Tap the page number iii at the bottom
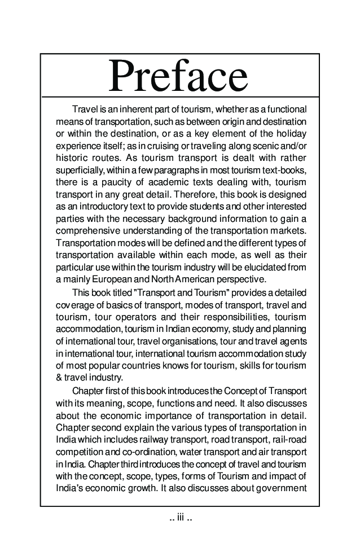181,517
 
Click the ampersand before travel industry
59,378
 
